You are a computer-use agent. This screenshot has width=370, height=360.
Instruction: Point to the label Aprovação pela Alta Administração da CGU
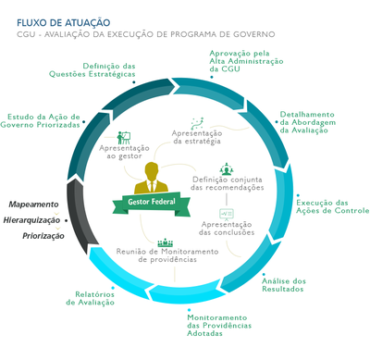(241, 61)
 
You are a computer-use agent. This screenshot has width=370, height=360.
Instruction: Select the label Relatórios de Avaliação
(94, 298)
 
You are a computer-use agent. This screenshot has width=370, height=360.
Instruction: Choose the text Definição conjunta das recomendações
(227, 183)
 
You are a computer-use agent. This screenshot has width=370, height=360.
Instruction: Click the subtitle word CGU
(28, 34)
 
